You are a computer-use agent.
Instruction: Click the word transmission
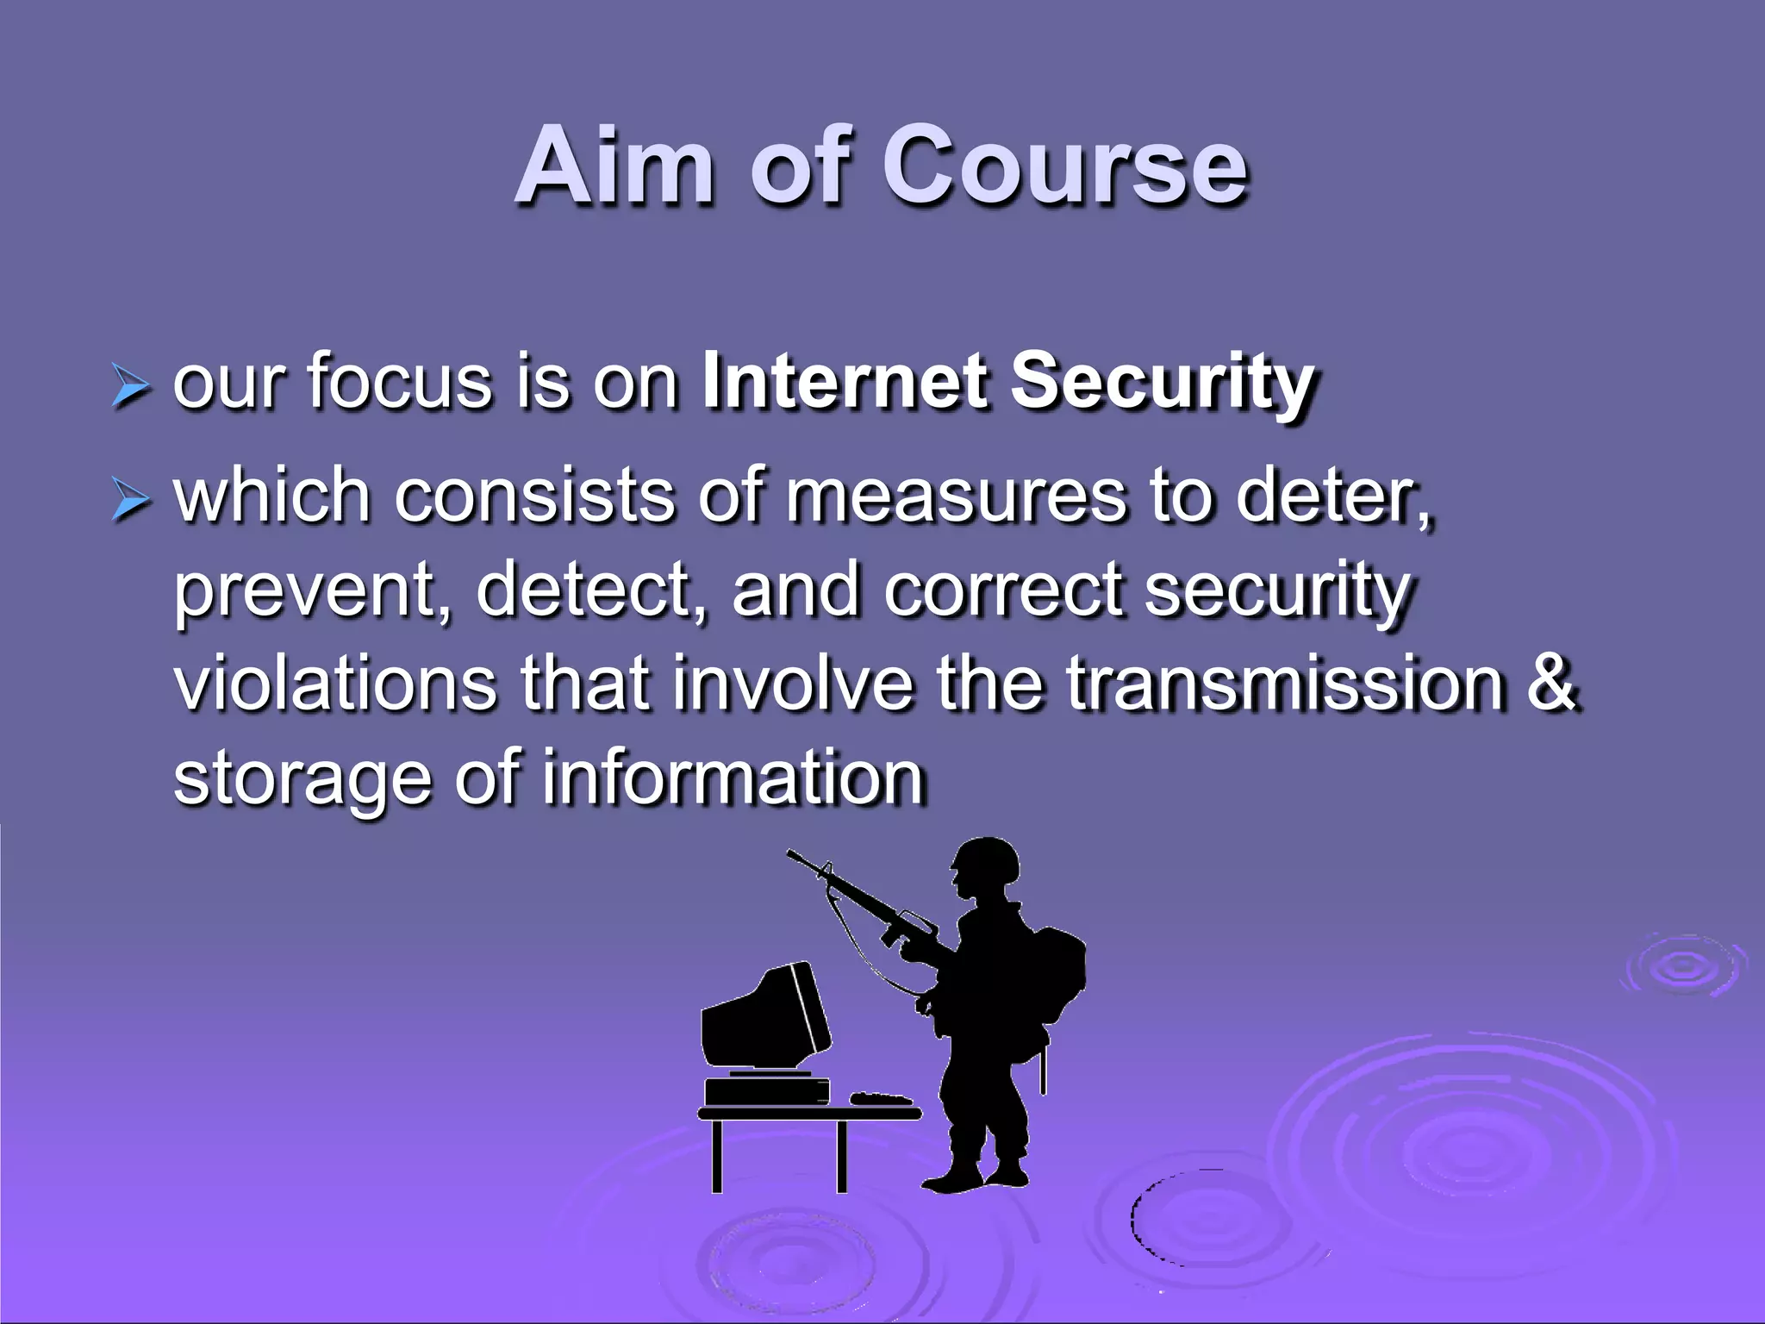click(x=1285, y=684)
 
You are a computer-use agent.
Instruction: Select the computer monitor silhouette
click(x=763, y=1017)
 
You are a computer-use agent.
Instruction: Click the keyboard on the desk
click(x=880, y=1098)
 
